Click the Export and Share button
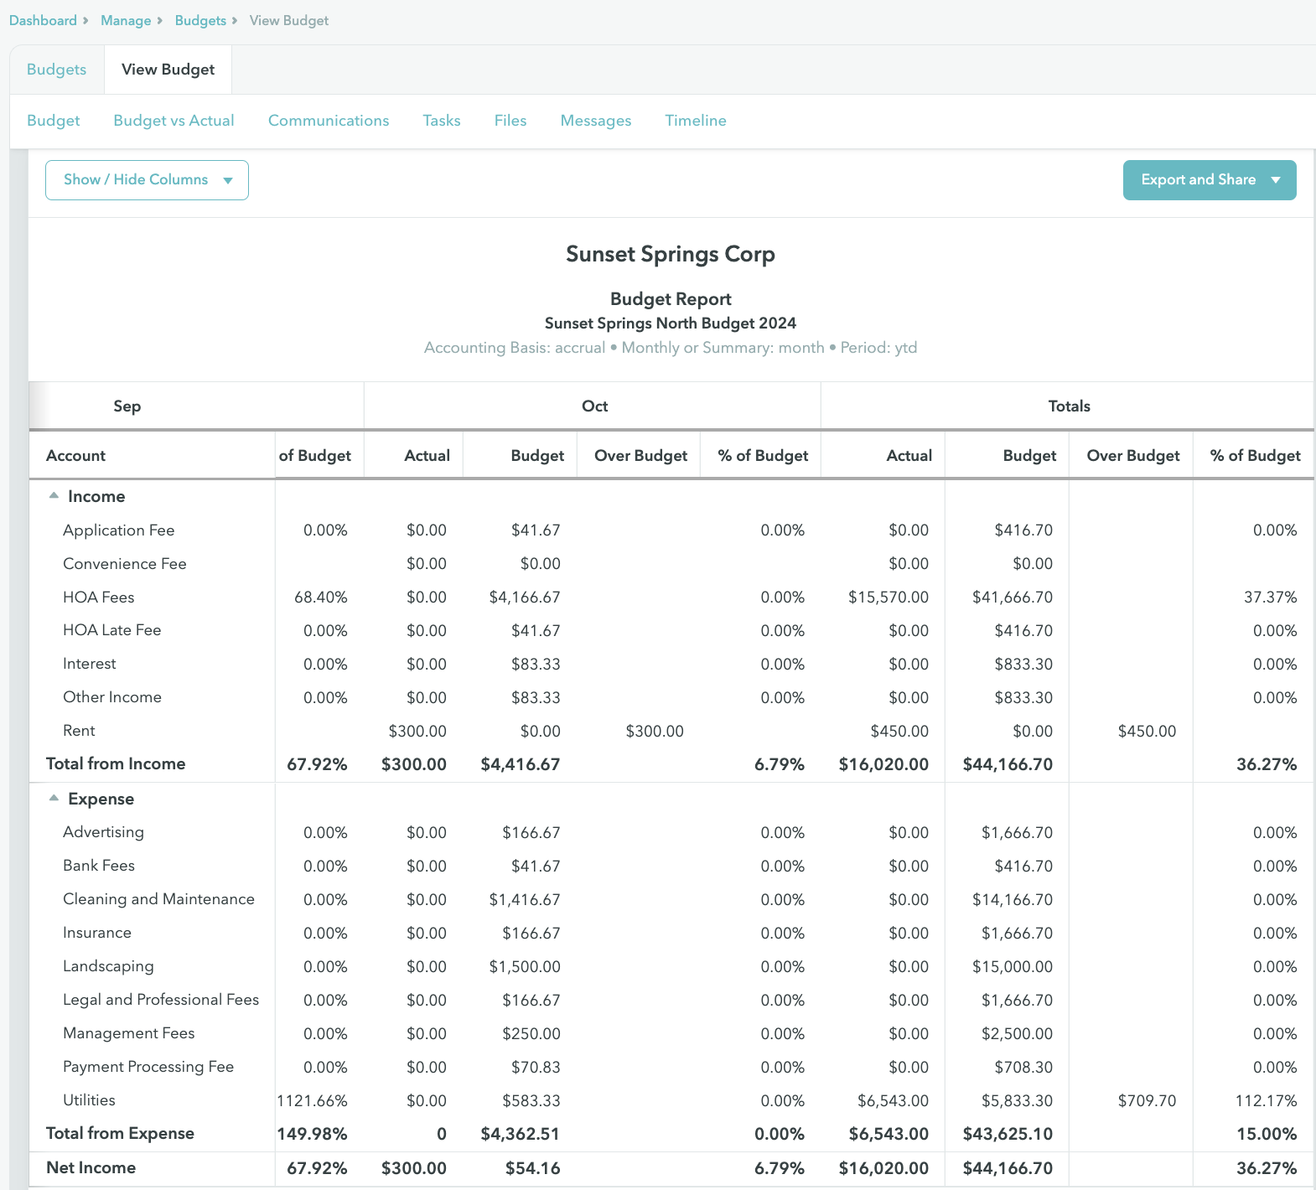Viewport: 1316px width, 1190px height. tap(1209, 180)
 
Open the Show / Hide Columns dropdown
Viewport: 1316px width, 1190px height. tap(147, 180)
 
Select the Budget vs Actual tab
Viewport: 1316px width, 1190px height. tap(174, 121)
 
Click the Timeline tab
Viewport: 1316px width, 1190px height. tap(695, 121)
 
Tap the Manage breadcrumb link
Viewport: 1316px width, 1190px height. tap(126, 20)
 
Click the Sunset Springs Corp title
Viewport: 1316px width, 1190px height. tap(670, 254)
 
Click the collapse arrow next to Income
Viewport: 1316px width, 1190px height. tap(54, 496)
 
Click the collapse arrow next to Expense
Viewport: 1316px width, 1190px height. tap(54, 799)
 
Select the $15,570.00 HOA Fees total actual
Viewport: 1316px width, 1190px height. tap(888, 598)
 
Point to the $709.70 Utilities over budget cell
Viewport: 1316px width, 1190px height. tap(1146, 1100)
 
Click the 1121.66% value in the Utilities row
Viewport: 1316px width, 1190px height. tap(312, 1100)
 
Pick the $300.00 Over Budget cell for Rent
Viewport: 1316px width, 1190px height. tap(654, 732)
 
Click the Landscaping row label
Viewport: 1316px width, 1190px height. tap(108, 966)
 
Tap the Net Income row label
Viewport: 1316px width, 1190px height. tap(91, 1167)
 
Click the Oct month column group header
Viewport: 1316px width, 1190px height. tap(594, 406)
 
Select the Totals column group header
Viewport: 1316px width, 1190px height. tap(1069, 406)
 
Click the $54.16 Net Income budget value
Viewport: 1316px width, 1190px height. tap(532, 1167)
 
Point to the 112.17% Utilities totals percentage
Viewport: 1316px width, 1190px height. tap(1265, 1100)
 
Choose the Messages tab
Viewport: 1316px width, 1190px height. tap(595, 121)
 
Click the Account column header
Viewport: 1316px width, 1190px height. tap(75, 456)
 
